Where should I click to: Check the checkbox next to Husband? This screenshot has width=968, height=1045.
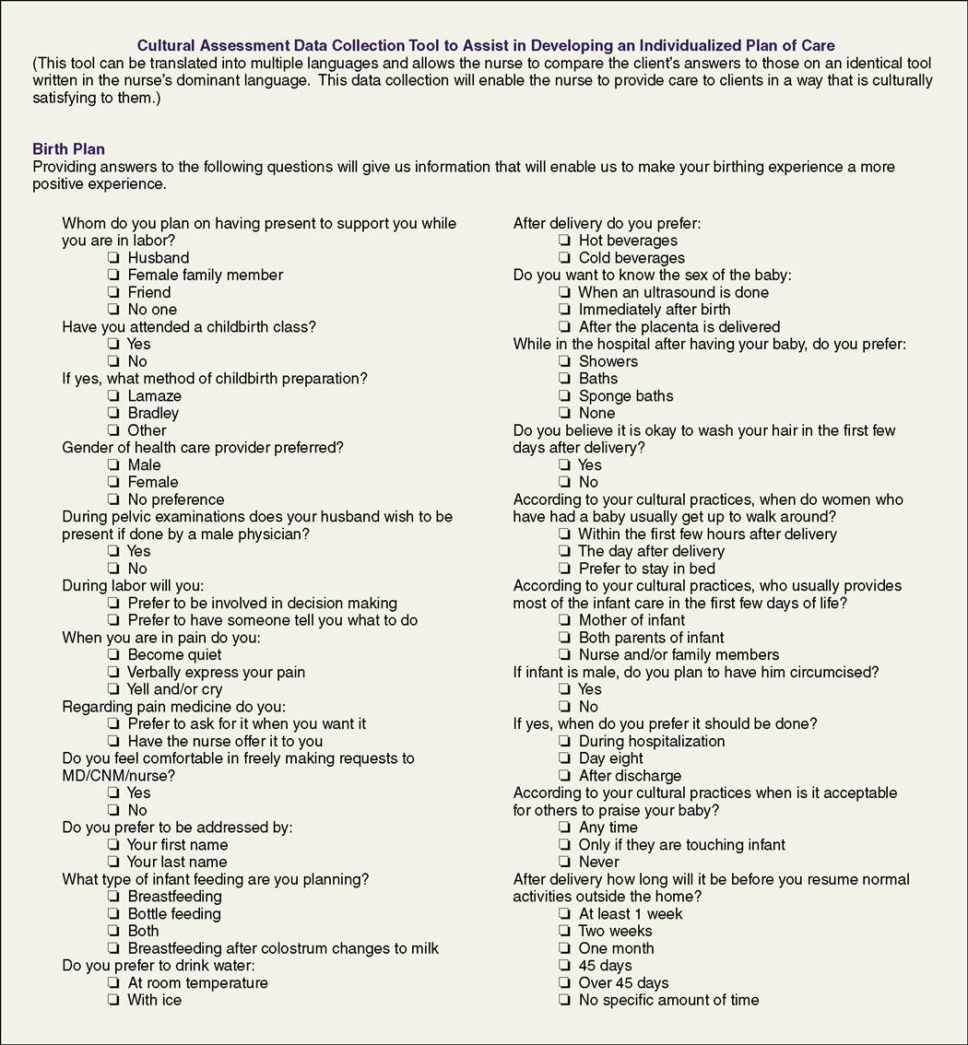(x=113, y=258)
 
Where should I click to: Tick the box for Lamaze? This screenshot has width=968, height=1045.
(x=113, y=396)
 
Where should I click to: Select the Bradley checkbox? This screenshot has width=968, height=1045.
(x=113, y=414)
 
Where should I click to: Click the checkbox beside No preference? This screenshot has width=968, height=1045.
(x=113, y=499)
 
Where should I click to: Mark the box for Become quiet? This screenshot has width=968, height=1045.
(x=113, y=655)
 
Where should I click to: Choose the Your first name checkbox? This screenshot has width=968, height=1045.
(x=113, y=845)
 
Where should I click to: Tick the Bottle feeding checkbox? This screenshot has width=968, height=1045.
(x=113, y=914)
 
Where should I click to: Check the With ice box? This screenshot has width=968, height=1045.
(x=113, y=1000)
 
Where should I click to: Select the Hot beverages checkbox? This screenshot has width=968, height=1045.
(x=564, y=241)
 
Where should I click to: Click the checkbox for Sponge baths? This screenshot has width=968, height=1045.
(x=564, y=396)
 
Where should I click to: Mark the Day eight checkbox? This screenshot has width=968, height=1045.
(x=564, y=758)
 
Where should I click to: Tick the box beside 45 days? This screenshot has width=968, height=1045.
(x=564, y=966)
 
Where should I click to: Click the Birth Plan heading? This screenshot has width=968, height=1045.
(x=68, y=149)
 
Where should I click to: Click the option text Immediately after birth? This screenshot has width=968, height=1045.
(x=654, y=310)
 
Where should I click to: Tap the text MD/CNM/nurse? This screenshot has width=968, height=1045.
(x=118, y=776)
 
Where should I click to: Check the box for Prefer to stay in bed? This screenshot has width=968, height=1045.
(x=564, y=569)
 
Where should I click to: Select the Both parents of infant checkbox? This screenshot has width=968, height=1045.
(x=564, y=638)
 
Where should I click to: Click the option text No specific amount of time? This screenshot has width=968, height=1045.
(x=668, y=1000)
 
